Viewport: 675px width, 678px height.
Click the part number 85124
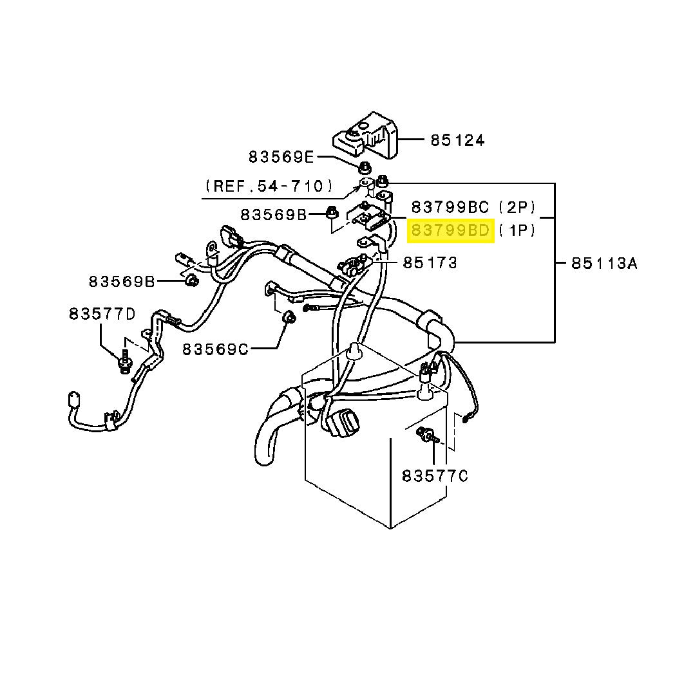click(x=457, y=140)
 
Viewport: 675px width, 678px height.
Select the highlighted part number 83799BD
click(x=451, y=230)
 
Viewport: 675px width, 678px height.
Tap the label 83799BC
click(x=451, y=206)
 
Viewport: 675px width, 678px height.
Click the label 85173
click(x=430, y=262)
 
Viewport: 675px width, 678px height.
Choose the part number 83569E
click(x=281, y=156)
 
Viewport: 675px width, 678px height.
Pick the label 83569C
click(x=214, y=349)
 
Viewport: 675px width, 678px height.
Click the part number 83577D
click(x=102, y=314)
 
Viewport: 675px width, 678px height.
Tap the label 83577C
click(x=434, y=476)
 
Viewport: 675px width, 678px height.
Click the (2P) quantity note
click(x=517, y=206)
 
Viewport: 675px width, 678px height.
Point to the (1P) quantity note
click(x=517, y=230)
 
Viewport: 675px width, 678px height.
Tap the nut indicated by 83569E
click(x=362, y=169)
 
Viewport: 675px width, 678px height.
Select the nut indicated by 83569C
click(x=289, y=317)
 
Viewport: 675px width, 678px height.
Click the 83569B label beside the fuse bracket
click(x=274, y=214)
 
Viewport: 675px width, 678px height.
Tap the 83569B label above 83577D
click(x=122, y=281)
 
